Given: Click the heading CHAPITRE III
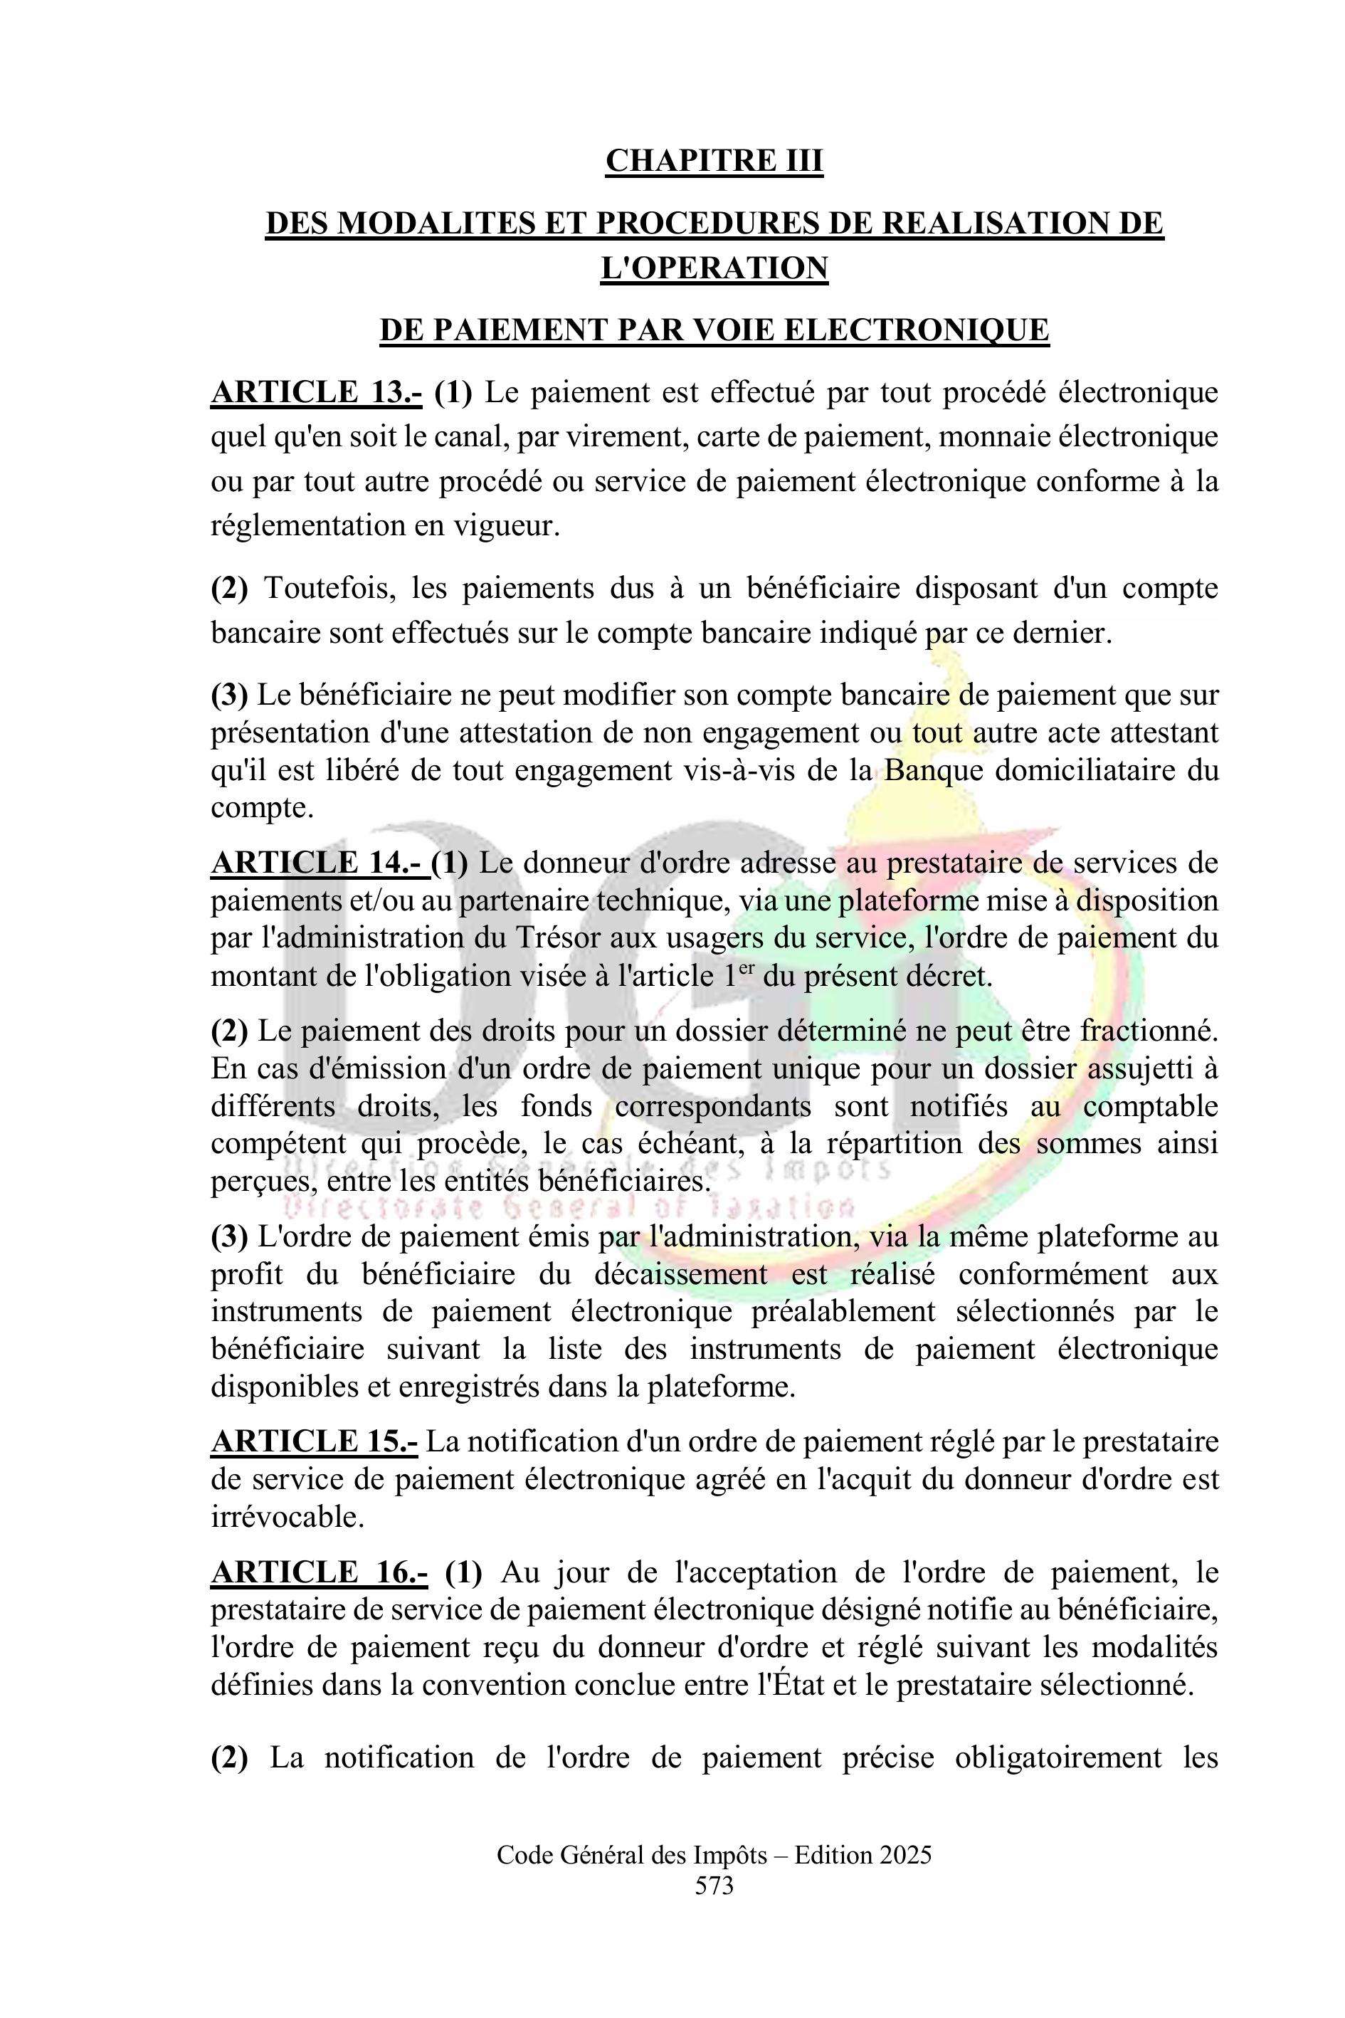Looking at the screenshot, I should pos(714,162).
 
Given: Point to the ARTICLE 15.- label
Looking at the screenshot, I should pos(314,1442).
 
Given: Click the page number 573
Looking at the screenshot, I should pos(714,1886).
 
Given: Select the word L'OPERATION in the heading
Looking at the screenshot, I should pos(714,268).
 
